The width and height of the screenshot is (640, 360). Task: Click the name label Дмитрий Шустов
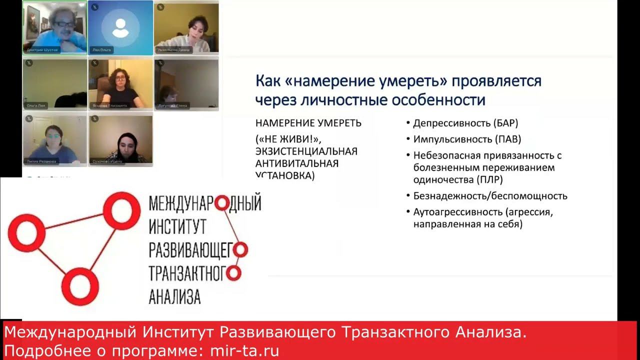(42, 50)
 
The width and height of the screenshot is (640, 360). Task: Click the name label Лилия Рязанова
(42, 161)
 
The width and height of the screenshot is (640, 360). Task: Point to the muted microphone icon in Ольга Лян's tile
(28, 62)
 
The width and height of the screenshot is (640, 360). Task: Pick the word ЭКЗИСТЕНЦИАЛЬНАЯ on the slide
(306, 151)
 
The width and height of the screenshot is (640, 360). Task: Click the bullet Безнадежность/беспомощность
(490, 196)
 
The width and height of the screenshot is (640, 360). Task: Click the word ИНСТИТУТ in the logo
(177, 227)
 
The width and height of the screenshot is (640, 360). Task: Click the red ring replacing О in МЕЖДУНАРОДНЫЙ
(223, 203)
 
